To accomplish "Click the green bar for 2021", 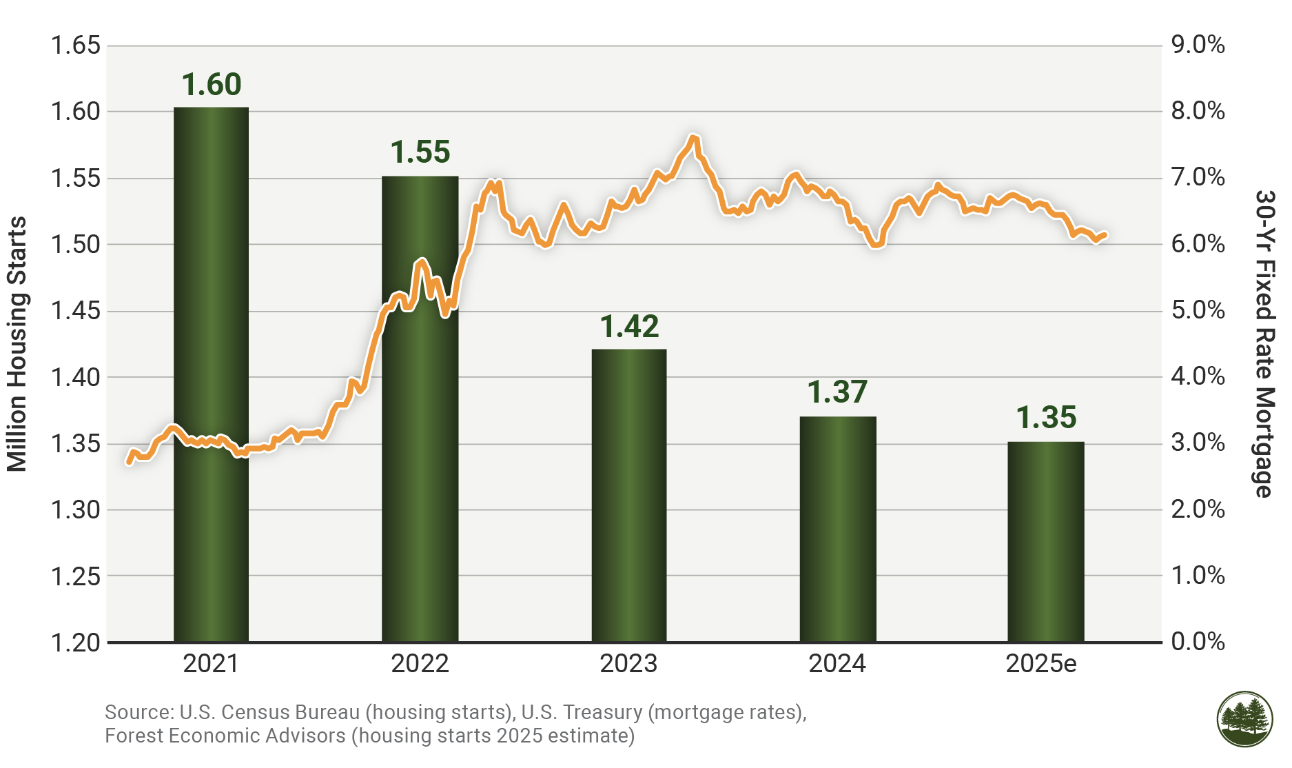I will point(211,414).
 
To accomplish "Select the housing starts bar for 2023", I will point(629,496).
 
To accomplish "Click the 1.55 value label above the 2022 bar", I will point(420,152).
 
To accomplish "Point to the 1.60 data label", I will point(212,85).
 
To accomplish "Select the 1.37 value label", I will point(837,392).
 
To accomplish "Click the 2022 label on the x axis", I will point(420,664).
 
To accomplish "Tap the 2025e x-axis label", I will point(1040,664).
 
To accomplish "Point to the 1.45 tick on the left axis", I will point(76,311).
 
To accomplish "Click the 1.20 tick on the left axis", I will point(76,643).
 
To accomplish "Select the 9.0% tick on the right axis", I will point(1198,46).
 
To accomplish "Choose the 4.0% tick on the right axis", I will point(1198,376).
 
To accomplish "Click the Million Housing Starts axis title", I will point(17,344).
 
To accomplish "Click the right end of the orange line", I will point(1105,235).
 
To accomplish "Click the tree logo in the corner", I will point(1244,719).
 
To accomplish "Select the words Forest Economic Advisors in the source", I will point(225,736).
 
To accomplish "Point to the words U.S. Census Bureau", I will point(270,712).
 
